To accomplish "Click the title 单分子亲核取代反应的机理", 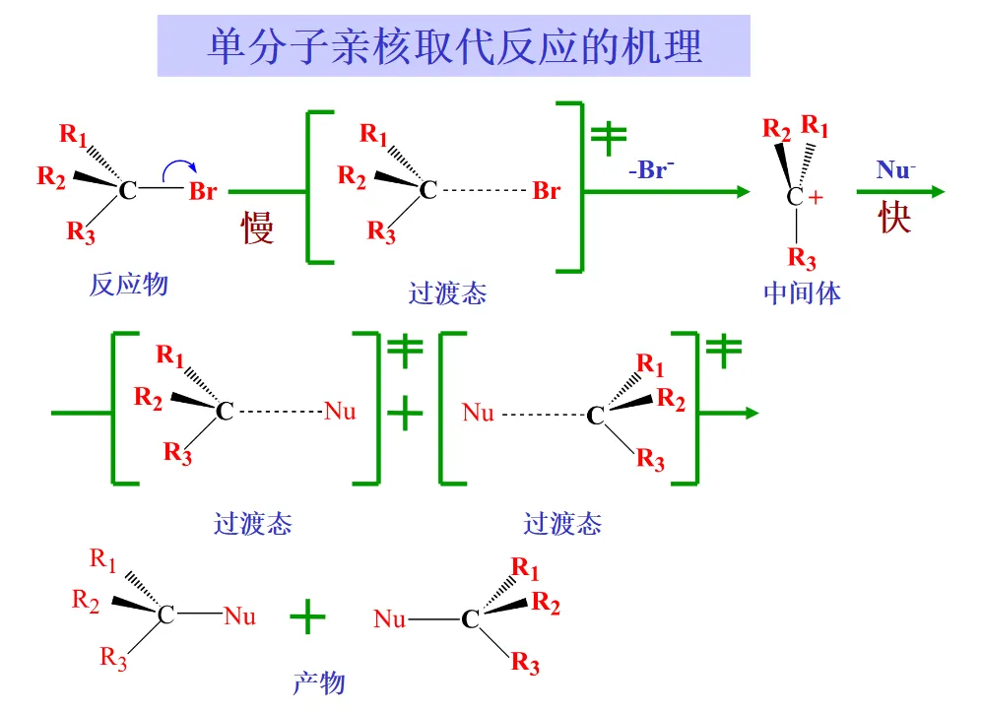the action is (x=455, y=46).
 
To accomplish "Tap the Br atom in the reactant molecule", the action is (x=203, y=191).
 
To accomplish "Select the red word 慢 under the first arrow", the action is (x=257, y=227).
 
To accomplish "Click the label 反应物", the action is (x=129, y=285).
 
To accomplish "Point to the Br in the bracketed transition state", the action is (x=546, y=190).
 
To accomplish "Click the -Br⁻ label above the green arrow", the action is (x=651, y=169).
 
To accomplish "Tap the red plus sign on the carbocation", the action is (x=816, y=198).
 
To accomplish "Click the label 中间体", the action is (x=803, y=293).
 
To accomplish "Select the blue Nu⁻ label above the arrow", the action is (x=896, y=169).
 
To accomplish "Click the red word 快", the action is (x=894, y=218).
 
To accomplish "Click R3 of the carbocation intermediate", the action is (x=802, y=258).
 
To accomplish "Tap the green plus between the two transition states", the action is (x=405, y=414).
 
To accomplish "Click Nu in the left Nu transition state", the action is (x=340, y=412).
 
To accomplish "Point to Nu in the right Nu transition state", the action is (x=478, y=413).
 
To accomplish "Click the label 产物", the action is (x=319, y=682).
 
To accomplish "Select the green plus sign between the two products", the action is (x=307, y=616).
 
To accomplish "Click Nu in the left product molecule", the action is (x=240, y=616).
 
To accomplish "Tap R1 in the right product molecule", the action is (x=525, y=568).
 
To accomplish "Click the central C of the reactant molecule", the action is (x=128, y=190).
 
